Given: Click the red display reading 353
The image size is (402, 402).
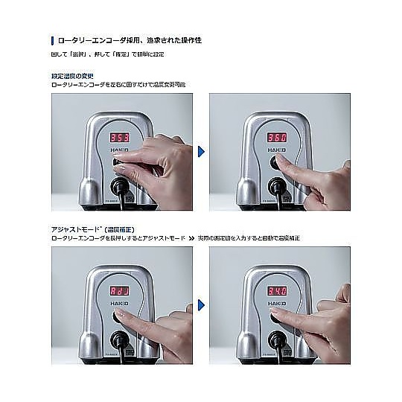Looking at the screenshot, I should (120, 138).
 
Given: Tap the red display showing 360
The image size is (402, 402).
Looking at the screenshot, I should (276, 138).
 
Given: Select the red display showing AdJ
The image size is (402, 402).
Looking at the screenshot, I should (120, 290).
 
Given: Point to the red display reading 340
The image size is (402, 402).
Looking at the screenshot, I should (276, 290).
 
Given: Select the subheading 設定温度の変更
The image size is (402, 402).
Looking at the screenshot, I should (71, 77).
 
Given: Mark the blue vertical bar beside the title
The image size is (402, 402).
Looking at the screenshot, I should (52, 39).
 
